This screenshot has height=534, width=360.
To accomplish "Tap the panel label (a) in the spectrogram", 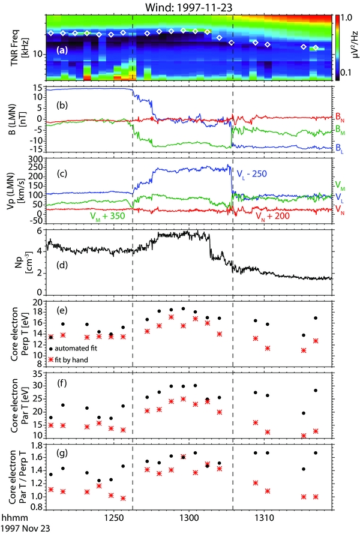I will [62, 51].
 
